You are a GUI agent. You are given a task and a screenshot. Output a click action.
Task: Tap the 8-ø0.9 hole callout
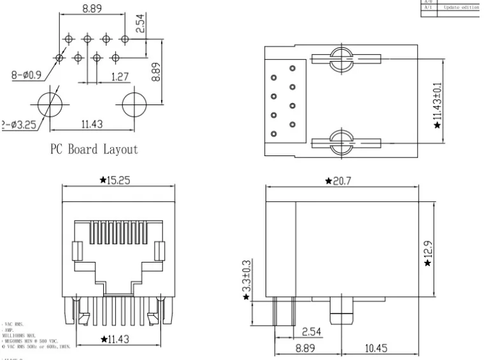point(26,75)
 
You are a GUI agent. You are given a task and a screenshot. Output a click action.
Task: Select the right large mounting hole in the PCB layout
point(132,103)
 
